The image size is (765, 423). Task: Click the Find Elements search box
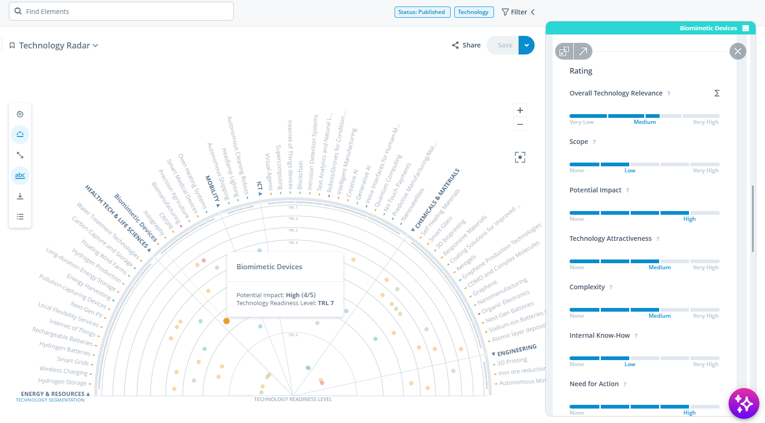(121, 11)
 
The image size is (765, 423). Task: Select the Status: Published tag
(422, 12)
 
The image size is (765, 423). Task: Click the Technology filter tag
(473, 12)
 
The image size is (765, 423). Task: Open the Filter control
(518, 12)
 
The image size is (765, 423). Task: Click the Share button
(466, 45)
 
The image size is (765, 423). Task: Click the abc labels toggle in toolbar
(20, 176)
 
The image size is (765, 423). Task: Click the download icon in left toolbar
(20, 196)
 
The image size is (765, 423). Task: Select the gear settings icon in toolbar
(20, 114)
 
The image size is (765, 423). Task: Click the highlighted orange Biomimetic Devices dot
(226, 321)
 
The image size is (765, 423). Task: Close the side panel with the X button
(737, 51)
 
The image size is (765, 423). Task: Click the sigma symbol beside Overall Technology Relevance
(717, 93)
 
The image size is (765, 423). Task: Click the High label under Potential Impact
(689, 219)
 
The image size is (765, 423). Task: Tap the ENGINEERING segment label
(517, 350)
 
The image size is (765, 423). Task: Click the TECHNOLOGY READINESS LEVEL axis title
(293, 399)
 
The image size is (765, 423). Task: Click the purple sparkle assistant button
(744, 403)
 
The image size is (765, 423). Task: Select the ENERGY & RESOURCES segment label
(53, 394)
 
